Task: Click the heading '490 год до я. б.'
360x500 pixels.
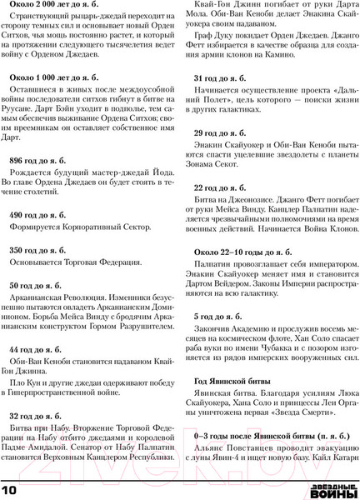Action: point(37,215)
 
